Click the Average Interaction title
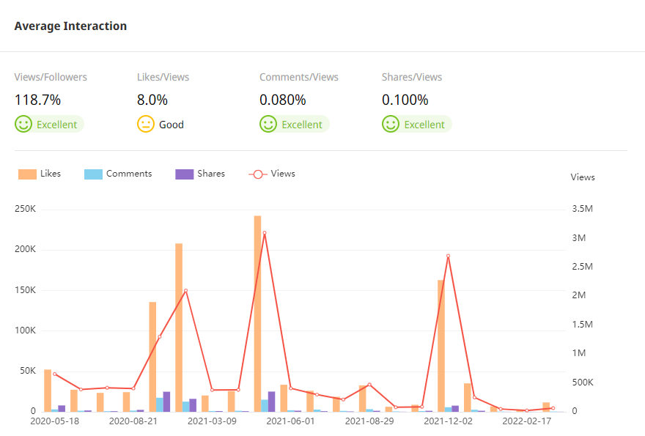[70, 26]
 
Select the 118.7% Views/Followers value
[37, 100]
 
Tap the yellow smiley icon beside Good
[146, 125]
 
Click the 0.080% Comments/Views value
[283, 100]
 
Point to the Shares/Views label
[412, 77]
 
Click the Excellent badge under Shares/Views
[417, 125]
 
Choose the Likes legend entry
[40, 174]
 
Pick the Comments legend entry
[119, 174]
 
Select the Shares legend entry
[201, 174]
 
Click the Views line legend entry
[273, 174]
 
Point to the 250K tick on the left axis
[25, 210]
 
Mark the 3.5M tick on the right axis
[583, 210]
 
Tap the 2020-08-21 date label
[133, 421]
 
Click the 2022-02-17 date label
[526, 421]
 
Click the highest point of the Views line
[265, 233]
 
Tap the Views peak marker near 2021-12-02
[448, 256]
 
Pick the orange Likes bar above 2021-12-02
[441, 345]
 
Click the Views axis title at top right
[583, 177]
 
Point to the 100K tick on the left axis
[25, 330]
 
